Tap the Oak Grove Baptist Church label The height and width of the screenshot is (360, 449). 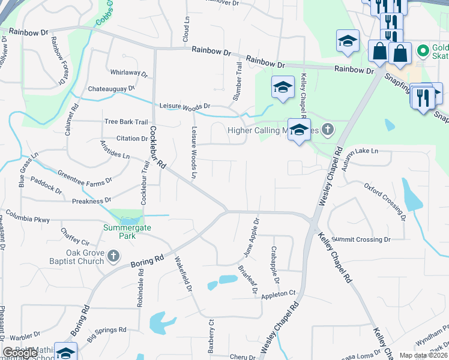76,257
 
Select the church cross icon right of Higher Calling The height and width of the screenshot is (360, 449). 327,129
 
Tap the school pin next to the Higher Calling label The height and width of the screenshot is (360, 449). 299,130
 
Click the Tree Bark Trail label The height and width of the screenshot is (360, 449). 126,121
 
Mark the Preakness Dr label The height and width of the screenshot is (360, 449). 92,201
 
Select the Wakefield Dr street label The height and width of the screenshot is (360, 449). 183,275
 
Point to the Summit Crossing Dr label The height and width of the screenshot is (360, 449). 361,239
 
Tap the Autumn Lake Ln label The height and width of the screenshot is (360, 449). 361,151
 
